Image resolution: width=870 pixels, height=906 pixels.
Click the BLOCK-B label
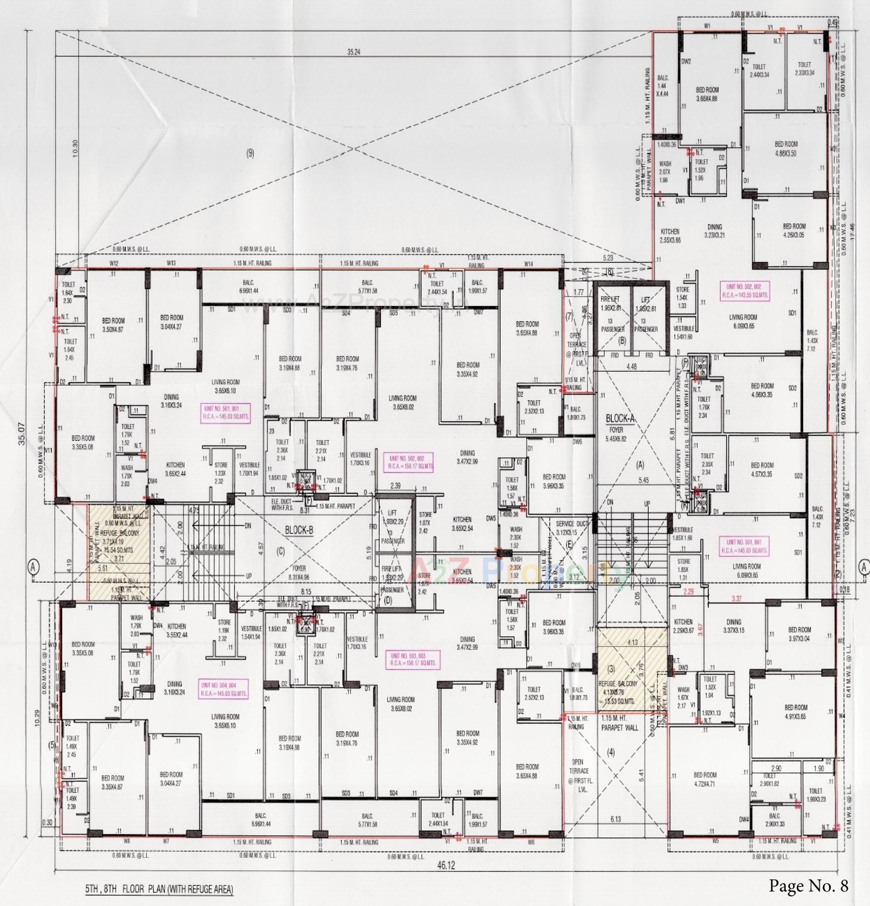click(x=299, y=531)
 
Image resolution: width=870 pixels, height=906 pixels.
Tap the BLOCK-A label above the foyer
click(x=621, y=419)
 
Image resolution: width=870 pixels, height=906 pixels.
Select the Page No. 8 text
click(x=809, y=886)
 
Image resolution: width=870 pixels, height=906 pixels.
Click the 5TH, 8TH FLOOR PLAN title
click(x=158, y=889)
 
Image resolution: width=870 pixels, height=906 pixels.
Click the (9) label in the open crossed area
click(x=250, y=154)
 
